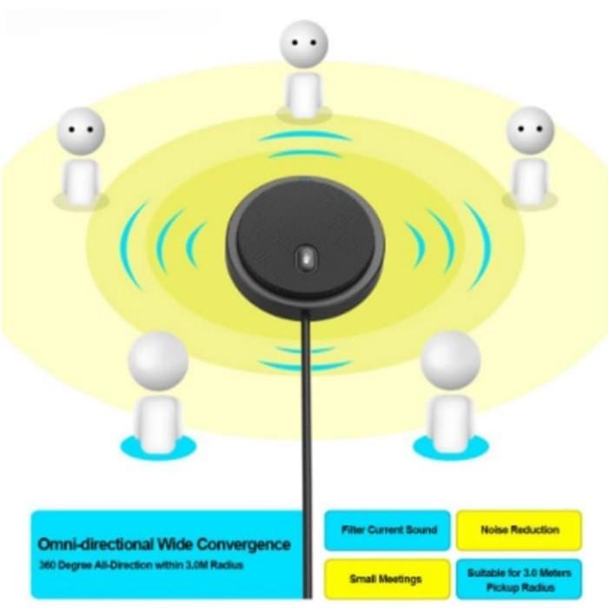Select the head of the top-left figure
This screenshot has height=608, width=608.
click(81, 131)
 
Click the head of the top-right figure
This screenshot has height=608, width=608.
click(529, 130)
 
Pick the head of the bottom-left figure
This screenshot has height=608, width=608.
click(158, 358)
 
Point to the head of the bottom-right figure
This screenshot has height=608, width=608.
click(450, 358)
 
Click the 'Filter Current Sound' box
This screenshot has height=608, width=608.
click(387, 530)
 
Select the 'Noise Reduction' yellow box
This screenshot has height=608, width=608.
click(519, 530)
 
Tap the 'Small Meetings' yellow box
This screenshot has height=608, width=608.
click(387, 578)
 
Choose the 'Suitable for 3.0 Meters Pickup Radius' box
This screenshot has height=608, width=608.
click(519, 578)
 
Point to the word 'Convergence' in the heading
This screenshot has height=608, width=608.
click(244, 545)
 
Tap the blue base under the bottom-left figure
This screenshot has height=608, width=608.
click(158, 446)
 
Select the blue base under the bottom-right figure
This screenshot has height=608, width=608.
click(450, 446)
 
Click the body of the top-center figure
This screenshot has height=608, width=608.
click(304, 94)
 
